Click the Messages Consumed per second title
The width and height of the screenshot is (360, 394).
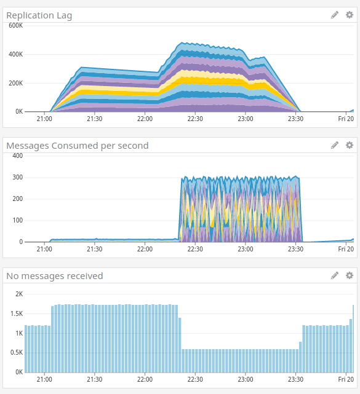point(77,145)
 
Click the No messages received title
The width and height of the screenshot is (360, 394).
point(55,275)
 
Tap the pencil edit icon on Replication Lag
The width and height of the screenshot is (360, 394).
point(335,15)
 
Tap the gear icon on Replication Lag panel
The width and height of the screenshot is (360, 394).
point(349,15)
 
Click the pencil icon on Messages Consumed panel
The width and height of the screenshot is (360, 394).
point(335,145)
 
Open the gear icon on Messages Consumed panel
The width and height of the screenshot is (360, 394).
point(349,145)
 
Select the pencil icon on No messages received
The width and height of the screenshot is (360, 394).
point(335,275)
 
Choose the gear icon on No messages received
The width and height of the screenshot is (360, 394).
point(349,275)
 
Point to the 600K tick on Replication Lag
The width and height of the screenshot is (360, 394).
point(15,25)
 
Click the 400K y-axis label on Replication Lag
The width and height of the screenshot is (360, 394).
point(15,54)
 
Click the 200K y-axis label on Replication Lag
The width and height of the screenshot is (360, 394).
point(15,83)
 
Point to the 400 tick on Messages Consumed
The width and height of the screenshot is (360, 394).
point(17,156)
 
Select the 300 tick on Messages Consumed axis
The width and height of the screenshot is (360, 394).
point(17,177)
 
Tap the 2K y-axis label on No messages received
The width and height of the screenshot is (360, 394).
point(18,294)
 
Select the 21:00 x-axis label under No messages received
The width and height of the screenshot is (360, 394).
point(44,379)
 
